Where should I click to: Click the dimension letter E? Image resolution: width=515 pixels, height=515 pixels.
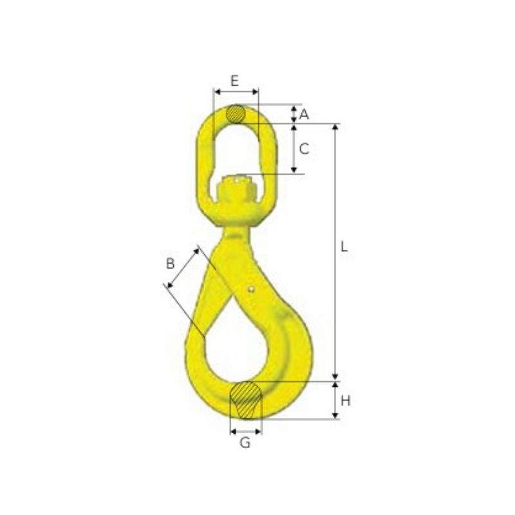[x=234, y=80]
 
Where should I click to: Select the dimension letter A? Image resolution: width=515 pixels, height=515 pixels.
[x=304, y=115]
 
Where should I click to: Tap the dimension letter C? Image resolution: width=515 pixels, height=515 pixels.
[x=304, y=149]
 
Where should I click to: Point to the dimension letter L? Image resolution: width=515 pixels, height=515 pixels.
[x=344, y=247]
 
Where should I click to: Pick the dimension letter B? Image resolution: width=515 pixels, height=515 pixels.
[x=170, y=263]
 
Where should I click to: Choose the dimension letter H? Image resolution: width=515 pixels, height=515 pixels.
[x=346, y=400]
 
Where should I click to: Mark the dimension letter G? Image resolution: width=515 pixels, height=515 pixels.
[x=245, y=443]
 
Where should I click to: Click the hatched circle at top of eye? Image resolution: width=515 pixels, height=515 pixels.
[x=236, y=115]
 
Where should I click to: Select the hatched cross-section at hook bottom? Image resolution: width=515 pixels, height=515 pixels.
[x=246, y=400]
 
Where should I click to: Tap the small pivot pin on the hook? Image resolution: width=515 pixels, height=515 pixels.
[x=251, y=289]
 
